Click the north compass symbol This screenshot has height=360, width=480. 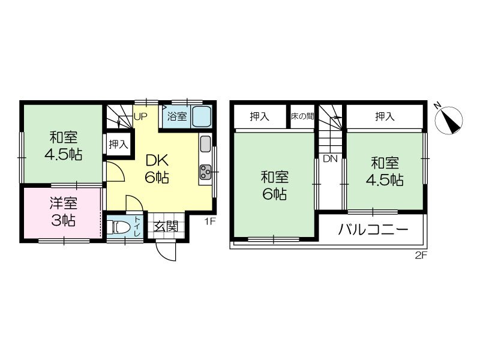[449, 119]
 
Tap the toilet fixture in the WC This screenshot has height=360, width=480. [121, 227]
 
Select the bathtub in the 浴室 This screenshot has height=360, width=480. [202, 116]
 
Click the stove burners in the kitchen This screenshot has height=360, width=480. [205, 173]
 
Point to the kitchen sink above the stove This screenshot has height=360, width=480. [204, 144]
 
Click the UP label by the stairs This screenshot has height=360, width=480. [140, 116]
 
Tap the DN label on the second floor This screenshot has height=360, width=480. [329, 159]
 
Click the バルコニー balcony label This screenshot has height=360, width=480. [373, 229]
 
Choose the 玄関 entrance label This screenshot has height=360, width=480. [165, 226]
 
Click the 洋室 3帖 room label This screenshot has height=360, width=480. [62, 211]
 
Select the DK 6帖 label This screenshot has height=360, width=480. [157, 169]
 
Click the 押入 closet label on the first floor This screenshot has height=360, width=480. [118, 144]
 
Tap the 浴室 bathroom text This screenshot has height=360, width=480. [176, 116]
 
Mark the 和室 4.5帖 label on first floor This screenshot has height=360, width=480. [62, 145]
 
